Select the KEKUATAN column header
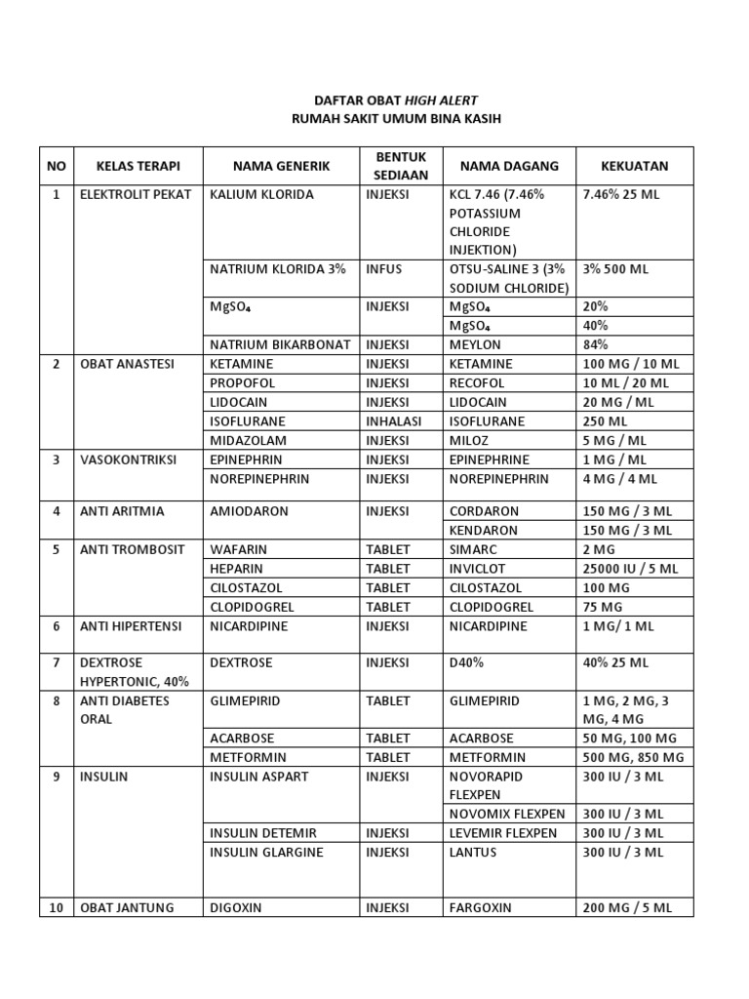pos(634,166)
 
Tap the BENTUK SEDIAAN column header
pos(400,166)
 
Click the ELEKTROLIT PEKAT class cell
pos(136,194)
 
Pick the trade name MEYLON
pos(475,344)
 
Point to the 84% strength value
pos(595,344)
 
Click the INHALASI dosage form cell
pos(394,421)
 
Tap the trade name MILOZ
pos(470,441)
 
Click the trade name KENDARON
pos(484,531)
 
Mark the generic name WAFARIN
pos(238,549)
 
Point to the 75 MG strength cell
pos(603,607)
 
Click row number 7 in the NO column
pos(57,663)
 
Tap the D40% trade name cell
pos(466,663)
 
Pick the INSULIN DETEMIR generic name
pos(263,833)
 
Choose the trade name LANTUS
pos(473,853)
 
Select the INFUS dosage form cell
pos(383,268)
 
